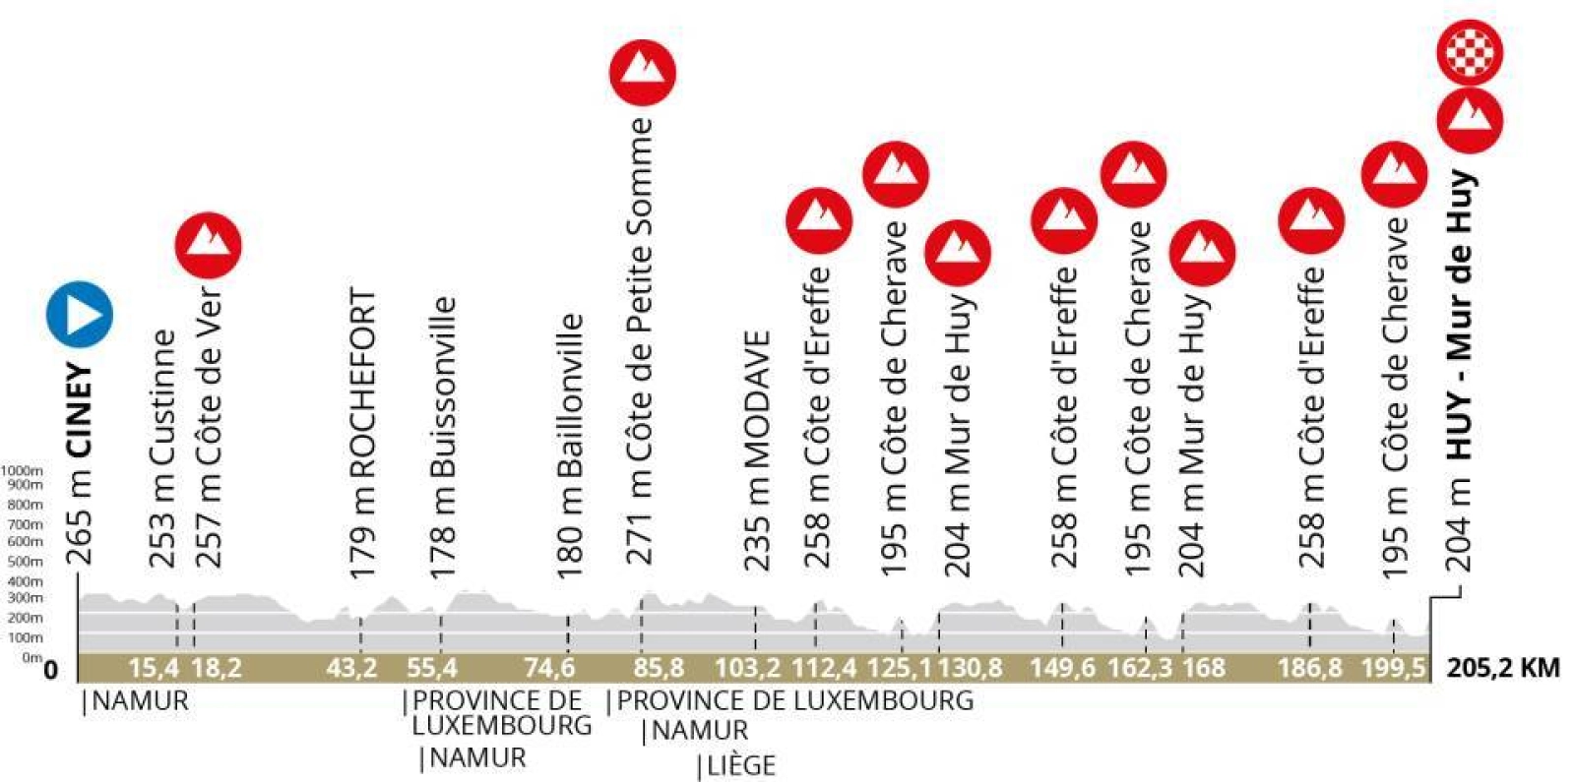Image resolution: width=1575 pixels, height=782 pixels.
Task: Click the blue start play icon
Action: tap(80, 315)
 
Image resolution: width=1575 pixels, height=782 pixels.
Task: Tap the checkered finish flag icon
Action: tap(1469, 51)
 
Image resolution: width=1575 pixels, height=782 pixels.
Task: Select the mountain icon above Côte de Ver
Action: tap(208, 244)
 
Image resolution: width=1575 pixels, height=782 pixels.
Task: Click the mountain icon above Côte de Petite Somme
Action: tap(642, 73)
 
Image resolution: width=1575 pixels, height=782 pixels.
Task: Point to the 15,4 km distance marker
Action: tap(154, 669)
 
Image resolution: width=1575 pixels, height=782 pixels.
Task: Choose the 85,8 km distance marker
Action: tap(659, 669)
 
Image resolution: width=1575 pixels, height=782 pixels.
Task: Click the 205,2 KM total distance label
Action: tap(1503, 669)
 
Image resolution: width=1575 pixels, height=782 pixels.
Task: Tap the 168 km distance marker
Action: tap(1203, 669)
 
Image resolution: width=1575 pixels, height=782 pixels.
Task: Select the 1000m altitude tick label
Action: tap(22, 471)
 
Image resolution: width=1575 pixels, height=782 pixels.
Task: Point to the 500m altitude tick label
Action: tap(25, 562)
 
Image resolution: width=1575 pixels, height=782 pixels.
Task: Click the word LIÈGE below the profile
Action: tap(740, 765)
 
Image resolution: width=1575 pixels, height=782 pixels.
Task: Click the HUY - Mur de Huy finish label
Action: tap(1460, 315)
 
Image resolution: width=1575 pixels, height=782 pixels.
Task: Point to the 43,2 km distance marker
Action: tap(351, 669)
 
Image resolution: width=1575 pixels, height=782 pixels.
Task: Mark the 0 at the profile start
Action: tap(50, 671)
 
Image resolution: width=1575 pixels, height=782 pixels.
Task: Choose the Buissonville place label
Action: tap(443, 388)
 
